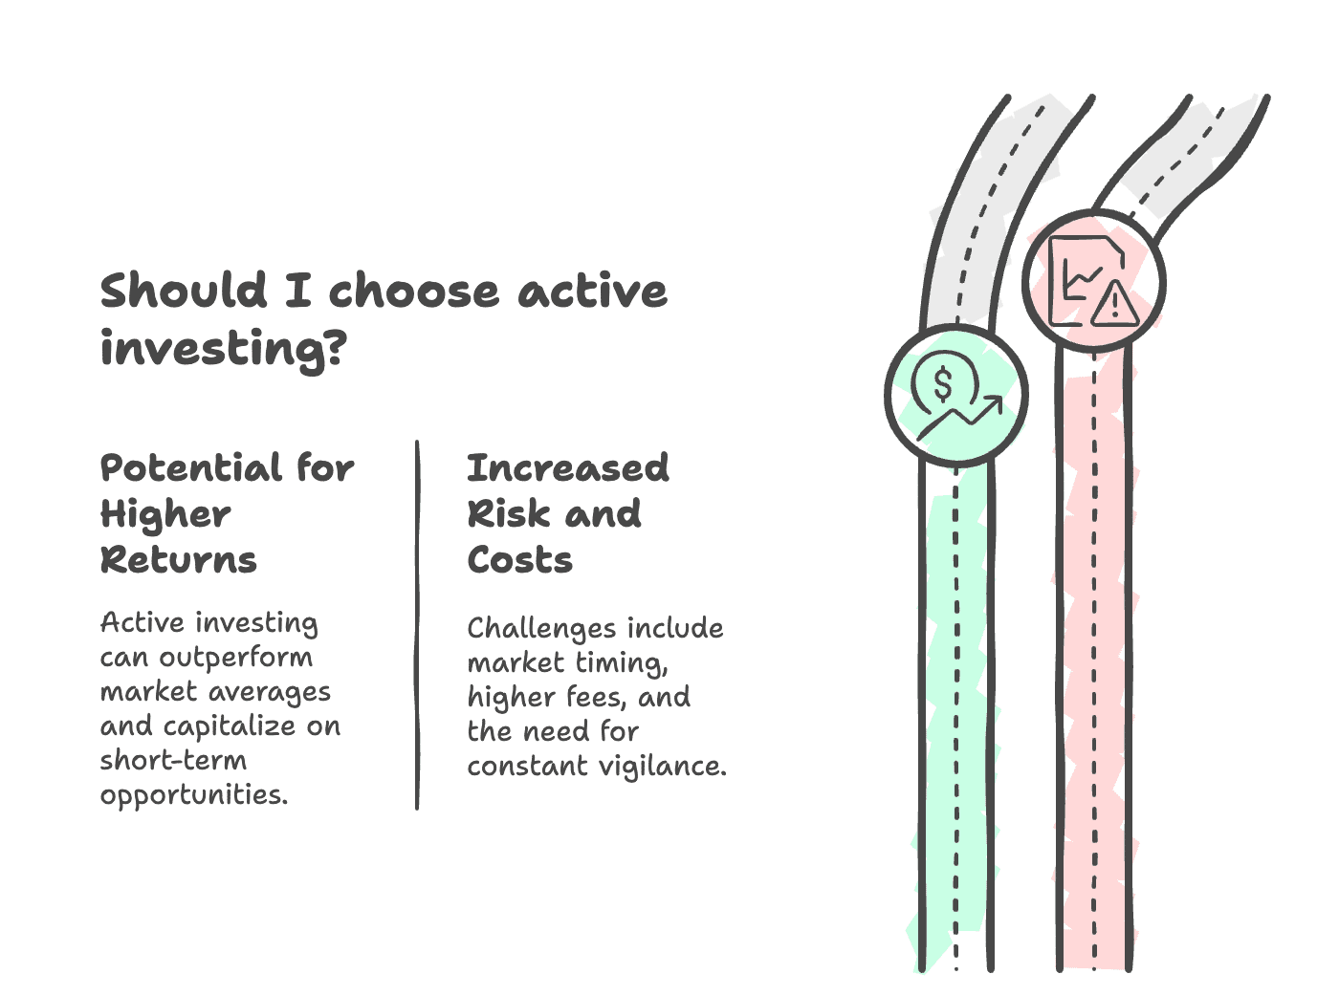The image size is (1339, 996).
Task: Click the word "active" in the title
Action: point(592,291)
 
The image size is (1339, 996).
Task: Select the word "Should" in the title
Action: point(183,290)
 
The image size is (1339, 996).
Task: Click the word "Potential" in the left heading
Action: point(190,468)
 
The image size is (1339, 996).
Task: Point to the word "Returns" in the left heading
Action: point(178,559)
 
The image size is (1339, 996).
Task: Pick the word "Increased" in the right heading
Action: point(567,468)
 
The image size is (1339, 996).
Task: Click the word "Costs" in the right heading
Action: point(519,559)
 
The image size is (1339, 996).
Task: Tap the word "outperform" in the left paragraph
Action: point(236,658)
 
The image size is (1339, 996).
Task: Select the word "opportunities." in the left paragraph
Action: point(194,795)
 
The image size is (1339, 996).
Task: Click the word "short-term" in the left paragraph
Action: point(173,760)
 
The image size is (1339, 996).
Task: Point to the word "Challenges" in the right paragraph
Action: point(541,629)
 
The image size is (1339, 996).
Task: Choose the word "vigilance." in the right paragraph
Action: point(662,767)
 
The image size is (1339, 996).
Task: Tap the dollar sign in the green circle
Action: point(943,384)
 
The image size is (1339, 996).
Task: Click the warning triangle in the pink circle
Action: point(1114,303)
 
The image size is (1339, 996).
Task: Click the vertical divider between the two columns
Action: point(417,625)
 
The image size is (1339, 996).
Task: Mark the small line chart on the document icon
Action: point(1083,281)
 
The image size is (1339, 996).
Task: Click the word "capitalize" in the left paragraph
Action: point(230,726)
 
